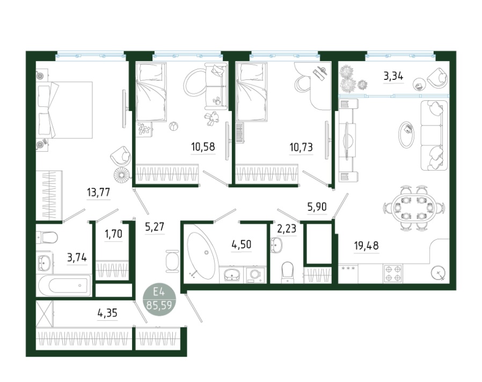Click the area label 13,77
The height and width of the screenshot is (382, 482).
tap(98, 193)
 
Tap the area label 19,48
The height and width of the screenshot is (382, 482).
tap(367, 246)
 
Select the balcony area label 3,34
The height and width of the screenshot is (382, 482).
tap(393, 76)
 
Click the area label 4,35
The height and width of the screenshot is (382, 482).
tap(107, 313)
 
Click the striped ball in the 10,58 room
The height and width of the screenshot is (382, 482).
tap(173, 126)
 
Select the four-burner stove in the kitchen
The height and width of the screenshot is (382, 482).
tap(393, 274)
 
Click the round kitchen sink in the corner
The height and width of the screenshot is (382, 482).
tap(438, 273)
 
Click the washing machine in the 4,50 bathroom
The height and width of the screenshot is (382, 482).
tap(255, 275)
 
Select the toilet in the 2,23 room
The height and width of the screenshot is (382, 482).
tap(288, 271)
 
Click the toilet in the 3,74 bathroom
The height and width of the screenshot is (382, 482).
tap(47, 237)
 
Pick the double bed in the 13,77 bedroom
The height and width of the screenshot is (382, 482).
tap(64, 110)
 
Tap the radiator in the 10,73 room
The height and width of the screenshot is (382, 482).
tap(240, 133)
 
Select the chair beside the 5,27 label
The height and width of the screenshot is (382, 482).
tap(172, 261)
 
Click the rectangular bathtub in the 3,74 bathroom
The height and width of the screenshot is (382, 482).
tap(64, 285)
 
